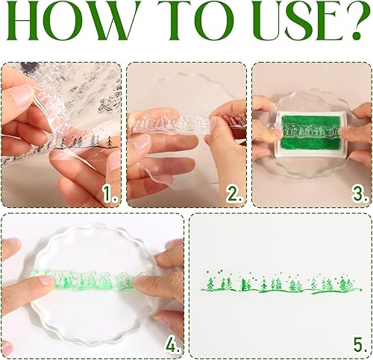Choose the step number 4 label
tap(172, 344)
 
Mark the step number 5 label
tap(360, 344)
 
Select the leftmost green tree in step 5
tap(210, 284)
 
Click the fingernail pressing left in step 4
tap(46, 281)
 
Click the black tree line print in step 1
tap(86, 142)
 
